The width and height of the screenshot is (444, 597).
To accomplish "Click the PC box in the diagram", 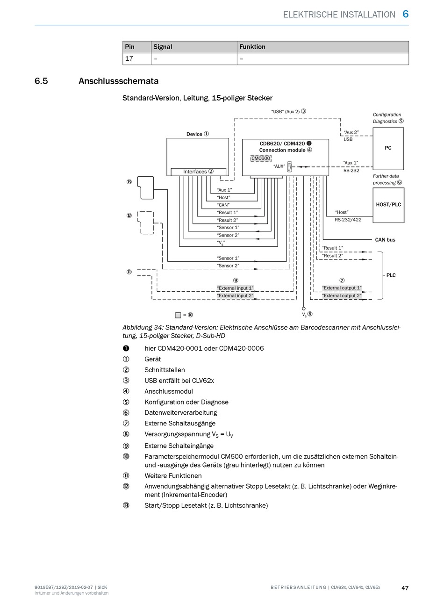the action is [x=388, y=149].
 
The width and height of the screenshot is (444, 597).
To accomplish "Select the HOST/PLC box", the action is [x=388, y=205].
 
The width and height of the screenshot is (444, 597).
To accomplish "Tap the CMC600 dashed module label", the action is [x=260, y=158].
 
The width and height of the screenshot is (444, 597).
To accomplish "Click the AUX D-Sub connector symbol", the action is [x=290, y=166].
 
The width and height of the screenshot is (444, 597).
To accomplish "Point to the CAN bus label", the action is [x=385, y=240].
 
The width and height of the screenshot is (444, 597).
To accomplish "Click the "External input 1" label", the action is [x=235, y=288].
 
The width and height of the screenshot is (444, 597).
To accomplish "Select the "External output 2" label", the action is [x=342, y=295].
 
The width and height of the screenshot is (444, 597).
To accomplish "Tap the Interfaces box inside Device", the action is [x=198, y=172].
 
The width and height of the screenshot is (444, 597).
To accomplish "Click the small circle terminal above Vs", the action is [x=303, y=309].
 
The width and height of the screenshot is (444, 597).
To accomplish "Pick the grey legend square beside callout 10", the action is [x=178, y=315].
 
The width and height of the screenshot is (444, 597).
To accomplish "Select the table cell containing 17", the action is [x=137, y=59].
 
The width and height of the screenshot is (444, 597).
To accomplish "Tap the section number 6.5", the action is [x=41, y=81].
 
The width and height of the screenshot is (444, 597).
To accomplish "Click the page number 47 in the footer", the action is [x=405, y=588].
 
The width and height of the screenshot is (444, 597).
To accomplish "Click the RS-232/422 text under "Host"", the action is [x=348, y=220].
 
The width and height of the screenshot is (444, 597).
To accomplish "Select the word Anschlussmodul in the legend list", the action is [x=169, y=391].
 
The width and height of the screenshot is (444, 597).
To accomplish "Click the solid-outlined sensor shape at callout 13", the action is [x=145, y=188].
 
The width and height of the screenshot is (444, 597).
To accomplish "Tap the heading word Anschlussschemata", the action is [x=118, y=81].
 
